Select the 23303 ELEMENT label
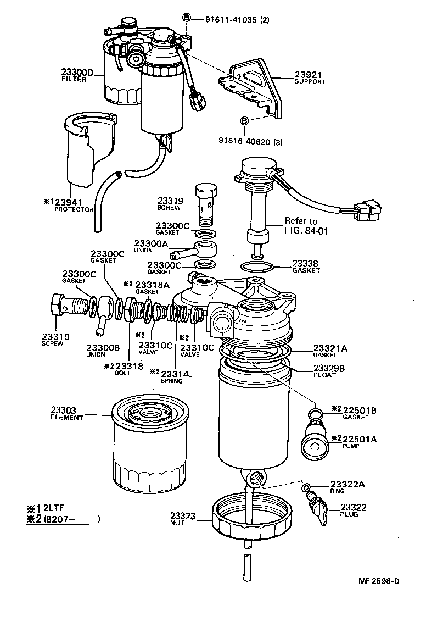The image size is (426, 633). click(66, 413)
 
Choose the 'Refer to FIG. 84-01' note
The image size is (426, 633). click(306, 225)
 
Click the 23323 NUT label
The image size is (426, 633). click(182, 519)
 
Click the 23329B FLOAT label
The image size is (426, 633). click(329, 371)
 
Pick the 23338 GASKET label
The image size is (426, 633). click(306, 266)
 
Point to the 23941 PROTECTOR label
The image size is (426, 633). click(71, 205)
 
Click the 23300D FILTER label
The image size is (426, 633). click(77, 75)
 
